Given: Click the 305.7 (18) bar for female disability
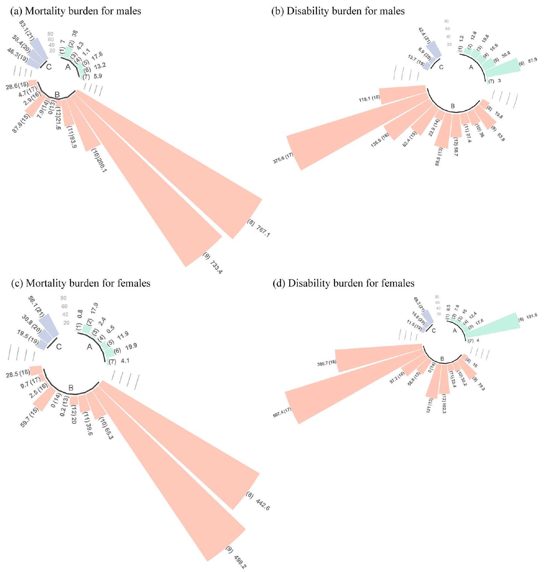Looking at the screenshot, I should tap(376, 357).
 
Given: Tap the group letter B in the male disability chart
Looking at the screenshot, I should tap(453, 106).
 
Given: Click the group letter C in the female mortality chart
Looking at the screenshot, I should tap(59, 347).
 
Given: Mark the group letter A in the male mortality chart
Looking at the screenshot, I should tap(68, 67).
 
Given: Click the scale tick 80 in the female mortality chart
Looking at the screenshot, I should tap(63, 298).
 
